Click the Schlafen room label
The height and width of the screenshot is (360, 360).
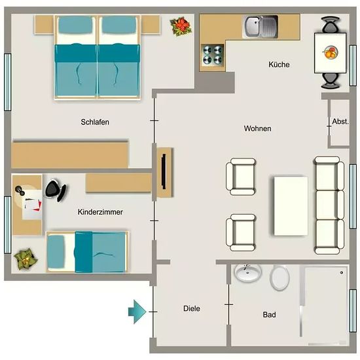point(95,122)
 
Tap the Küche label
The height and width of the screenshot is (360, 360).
point(279,65)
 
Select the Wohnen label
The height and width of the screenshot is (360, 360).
point(257,128)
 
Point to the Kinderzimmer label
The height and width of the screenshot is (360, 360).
point(100,212)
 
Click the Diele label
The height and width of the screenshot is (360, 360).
point(192,308)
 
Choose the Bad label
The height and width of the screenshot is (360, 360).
point(269,315)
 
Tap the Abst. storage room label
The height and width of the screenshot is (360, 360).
point(340,122)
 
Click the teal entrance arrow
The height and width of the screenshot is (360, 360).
point(137,312)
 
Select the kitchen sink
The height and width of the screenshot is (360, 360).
point(261,26)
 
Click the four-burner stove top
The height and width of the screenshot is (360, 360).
point(212,55)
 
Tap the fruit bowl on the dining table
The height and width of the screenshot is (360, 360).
point(331,52)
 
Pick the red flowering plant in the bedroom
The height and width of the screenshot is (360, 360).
point(181,26)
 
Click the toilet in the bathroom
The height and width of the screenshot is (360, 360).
point(279,278)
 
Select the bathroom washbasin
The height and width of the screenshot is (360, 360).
point(247,273)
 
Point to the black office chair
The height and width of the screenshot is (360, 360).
point(56,190)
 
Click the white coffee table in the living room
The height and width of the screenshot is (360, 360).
point(291,206)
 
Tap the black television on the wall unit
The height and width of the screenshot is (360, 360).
point(164,171)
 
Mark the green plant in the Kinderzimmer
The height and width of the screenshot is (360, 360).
point(26,259)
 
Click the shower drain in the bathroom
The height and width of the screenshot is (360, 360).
point(342,272)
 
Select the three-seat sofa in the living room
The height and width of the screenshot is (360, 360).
point(329,206)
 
